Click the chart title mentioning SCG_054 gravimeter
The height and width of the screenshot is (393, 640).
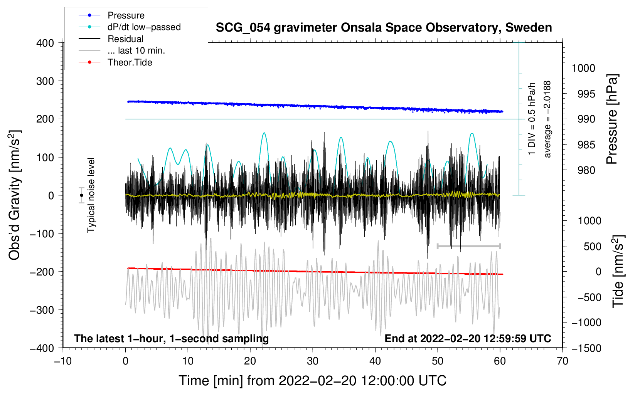pos(384,28)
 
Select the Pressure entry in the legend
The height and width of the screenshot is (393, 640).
pos(126,15)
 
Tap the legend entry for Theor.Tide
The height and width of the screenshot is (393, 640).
pos(130,62)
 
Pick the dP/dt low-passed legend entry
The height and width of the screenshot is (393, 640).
pos(144,27)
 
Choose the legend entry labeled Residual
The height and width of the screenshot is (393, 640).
pos(125,39)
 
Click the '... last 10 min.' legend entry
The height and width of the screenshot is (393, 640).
pos(136,50)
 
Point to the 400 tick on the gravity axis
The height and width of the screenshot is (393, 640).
pos(45,43)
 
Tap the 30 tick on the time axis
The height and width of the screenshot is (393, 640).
pos(313,361)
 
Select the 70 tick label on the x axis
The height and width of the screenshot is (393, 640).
pos(563,361)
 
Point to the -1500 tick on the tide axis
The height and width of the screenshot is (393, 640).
pos(586,348)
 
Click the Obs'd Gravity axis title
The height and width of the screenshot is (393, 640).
pos(14,195)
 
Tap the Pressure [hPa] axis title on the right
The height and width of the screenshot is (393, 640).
pos(612,119)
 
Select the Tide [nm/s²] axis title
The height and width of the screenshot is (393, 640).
pos(618,271)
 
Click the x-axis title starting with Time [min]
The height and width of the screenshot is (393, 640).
pos(313,381)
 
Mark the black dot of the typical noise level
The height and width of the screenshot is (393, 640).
pos(81,195)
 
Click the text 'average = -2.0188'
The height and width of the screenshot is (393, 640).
pos(547,119)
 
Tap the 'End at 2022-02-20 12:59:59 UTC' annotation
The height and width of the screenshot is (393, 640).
pos(468,339)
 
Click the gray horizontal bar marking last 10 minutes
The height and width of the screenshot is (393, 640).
pos(468,246)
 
